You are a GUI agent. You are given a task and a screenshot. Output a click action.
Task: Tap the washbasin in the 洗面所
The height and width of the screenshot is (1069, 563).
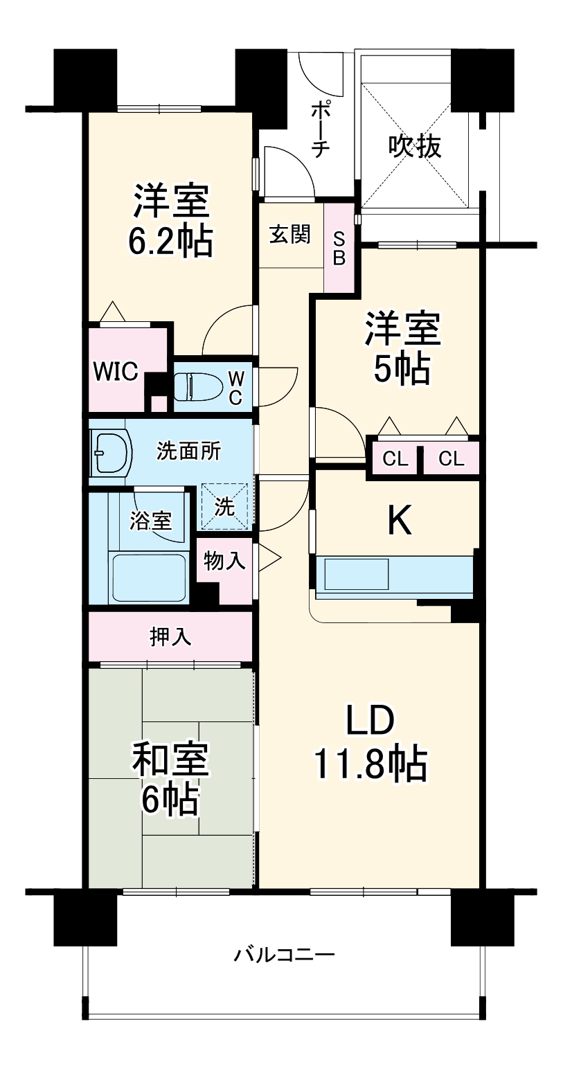[x=111, y=455]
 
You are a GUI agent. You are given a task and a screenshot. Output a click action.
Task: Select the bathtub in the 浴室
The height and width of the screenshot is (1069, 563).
[x=150, y=577]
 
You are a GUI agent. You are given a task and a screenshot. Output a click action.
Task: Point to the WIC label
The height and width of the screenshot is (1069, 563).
[x=116, y=371]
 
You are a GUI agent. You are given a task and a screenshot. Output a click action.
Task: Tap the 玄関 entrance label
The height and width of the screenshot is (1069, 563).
[x=290, y=235]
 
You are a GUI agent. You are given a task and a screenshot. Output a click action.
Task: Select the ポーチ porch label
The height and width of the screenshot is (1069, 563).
[x=320, y=129]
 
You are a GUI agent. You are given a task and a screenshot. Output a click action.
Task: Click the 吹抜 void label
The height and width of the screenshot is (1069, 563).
[x=415, y=146]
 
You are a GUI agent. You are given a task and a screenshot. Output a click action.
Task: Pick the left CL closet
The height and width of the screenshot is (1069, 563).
[x=393, y=458]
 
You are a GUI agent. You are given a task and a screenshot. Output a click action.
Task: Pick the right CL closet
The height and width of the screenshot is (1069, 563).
[x=451, y=458]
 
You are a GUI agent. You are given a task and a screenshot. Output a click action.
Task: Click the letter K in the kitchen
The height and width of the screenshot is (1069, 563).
[x=400, y=521]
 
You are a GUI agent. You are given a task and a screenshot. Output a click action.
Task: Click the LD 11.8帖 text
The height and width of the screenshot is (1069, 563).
[x=370, y=742]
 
